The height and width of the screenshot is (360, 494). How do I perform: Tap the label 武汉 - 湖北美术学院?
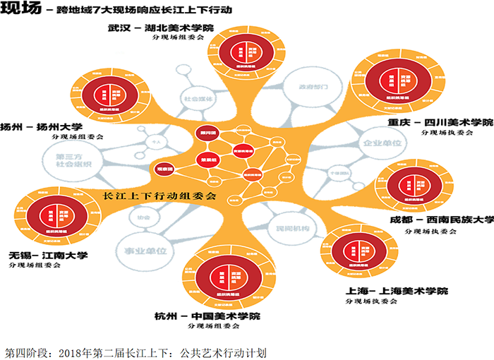[x=160, y=29]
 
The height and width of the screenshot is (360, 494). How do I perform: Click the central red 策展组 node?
[x=207, y=159]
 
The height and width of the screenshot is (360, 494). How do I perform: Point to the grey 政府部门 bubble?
[x=313, y=87]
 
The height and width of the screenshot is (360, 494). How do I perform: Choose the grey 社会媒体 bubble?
[x=198, y=100]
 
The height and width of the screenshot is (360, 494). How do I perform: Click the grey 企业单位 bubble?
[x=381, y=143]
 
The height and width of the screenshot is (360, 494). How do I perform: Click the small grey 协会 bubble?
[x=144, y=218]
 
